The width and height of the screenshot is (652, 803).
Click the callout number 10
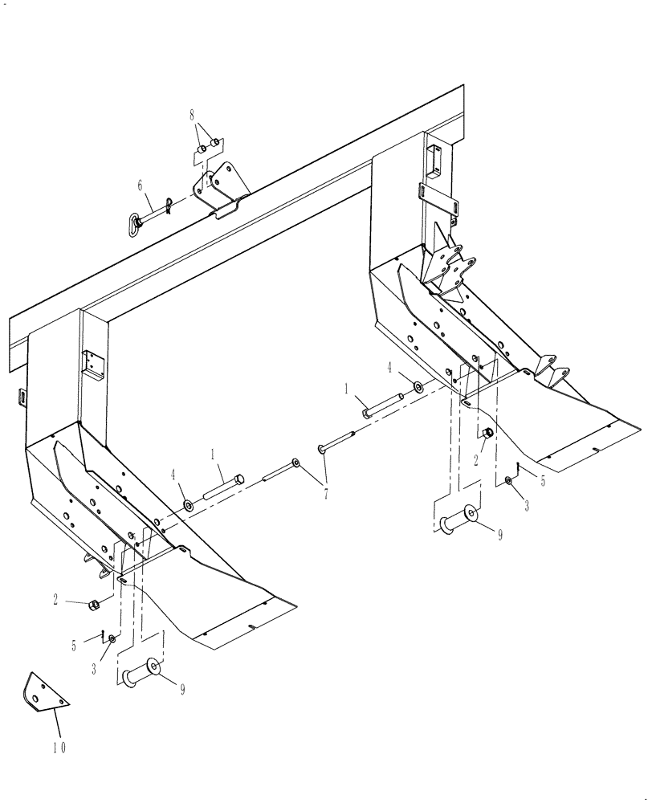click(60, 748)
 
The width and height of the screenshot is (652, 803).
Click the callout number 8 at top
click(193, 116)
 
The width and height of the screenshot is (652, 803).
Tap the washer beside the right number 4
click(419, 388)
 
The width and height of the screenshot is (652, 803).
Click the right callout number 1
click(346, 389)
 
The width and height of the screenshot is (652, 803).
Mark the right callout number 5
click(542, 482)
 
